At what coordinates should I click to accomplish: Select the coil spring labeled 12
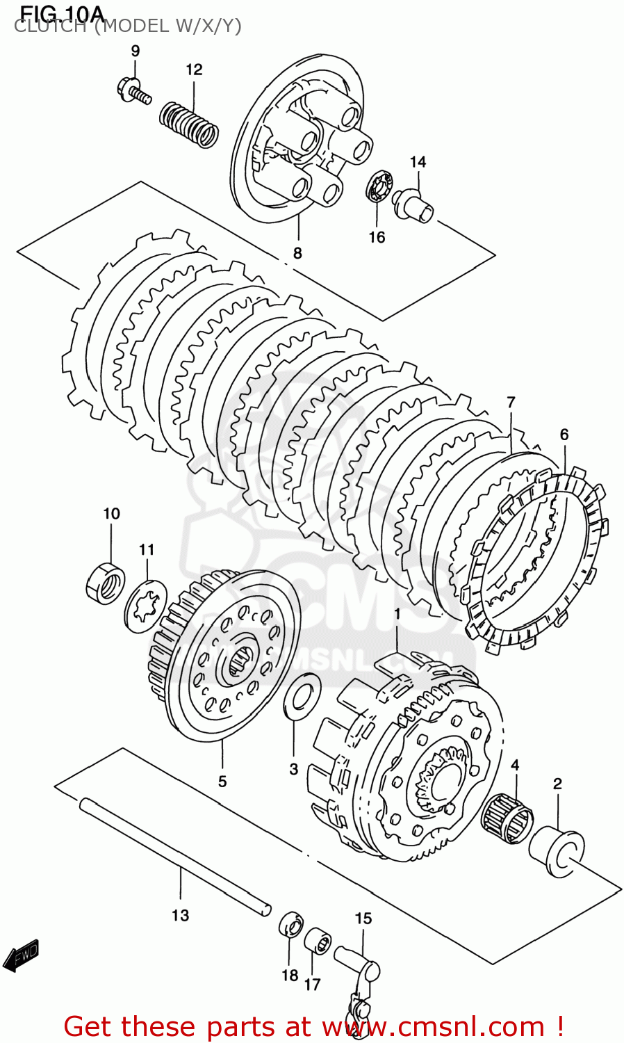189,124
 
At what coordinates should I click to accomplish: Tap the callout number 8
297,253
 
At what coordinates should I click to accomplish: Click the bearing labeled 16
379,186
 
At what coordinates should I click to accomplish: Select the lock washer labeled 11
146,605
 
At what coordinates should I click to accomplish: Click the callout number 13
180,915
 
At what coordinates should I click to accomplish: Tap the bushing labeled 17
319,942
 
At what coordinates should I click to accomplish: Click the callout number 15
363,919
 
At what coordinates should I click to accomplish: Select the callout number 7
511,402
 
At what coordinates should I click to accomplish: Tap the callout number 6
564,435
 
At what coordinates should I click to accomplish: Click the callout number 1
397,614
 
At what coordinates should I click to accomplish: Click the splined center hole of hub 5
240,661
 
